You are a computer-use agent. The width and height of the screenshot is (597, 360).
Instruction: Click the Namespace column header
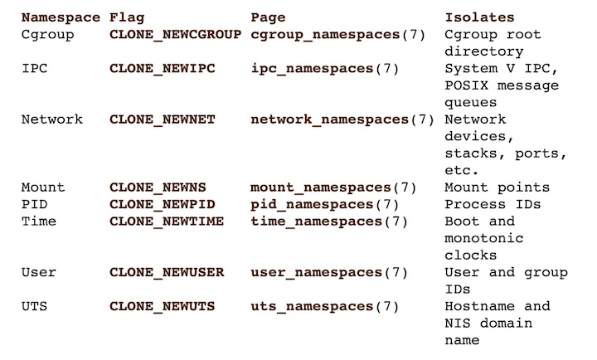61,18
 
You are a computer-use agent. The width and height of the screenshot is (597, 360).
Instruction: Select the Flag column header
127,17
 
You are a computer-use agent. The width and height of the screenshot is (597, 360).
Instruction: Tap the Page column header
268,18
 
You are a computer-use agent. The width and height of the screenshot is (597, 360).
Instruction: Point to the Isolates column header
479,17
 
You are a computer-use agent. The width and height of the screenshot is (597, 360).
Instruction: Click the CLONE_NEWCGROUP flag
175,35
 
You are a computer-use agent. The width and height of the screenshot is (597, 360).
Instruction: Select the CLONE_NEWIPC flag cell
163,69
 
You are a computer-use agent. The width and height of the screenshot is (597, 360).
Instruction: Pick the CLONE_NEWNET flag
163,119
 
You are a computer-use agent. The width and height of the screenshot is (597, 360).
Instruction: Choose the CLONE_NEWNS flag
158,187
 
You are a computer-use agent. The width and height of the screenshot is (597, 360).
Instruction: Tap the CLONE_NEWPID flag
163,205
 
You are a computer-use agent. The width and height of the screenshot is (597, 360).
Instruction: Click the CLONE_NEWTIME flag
167,221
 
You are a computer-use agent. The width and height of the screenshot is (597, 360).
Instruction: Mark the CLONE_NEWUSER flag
167,272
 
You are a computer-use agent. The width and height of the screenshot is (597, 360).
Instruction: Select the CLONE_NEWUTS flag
163,306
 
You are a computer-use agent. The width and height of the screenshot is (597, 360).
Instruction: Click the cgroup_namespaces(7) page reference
338,35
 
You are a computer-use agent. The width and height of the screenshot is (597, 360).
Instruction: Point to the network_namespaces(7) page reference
342,119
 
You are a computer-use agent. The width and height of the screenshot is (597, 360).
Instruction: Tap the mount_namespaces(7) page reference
333,187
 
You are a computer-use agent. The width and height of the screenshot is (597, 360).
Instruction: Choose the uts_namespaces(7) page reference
325,306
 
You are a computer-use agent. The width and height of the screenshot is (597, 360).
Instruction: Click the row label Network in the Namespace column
51,119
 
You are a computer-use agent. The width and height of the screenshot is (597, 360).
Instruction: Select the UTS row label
34,306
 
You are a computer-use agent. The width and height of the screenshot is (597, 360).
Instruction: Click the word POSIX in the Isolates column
466,85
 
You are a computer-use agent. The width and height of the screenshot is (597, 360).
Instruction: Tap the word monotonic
484,238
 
